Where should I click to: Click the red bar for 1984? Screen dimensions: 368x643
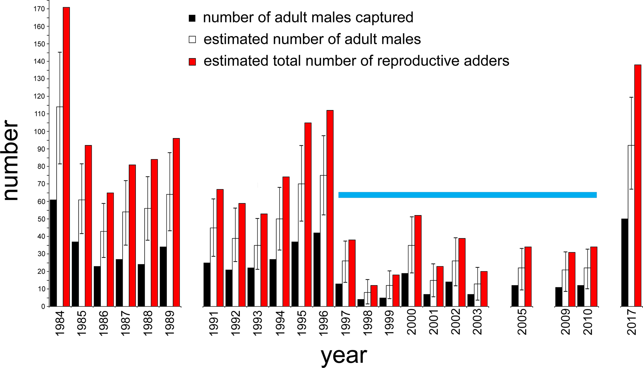tap(66, 157)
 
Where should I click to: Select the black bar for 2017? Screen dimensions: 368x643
tap(624, 262)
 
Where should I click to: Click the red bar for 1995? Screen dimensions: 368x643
tap(308, 214)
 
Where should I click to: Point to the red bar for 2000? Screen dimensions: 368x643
tap(418, 261)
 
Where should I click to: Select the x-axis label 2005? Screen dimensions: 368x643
tap(522, 322)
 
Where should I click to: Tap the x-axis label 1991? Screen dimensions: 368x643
tap(214, 323)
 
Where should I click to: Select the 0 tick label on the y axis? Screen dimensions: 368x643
tap(43, 306)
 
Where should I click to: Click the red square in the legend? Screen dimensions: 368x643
tap(192, 62)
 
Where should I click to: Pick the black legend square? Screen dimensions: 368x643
tap(192, 18)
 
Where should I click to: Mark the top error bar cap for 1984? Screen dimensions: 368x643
tap(60, 52)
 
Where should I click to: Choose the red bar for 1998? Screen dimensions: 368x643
tap(374, 296)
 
